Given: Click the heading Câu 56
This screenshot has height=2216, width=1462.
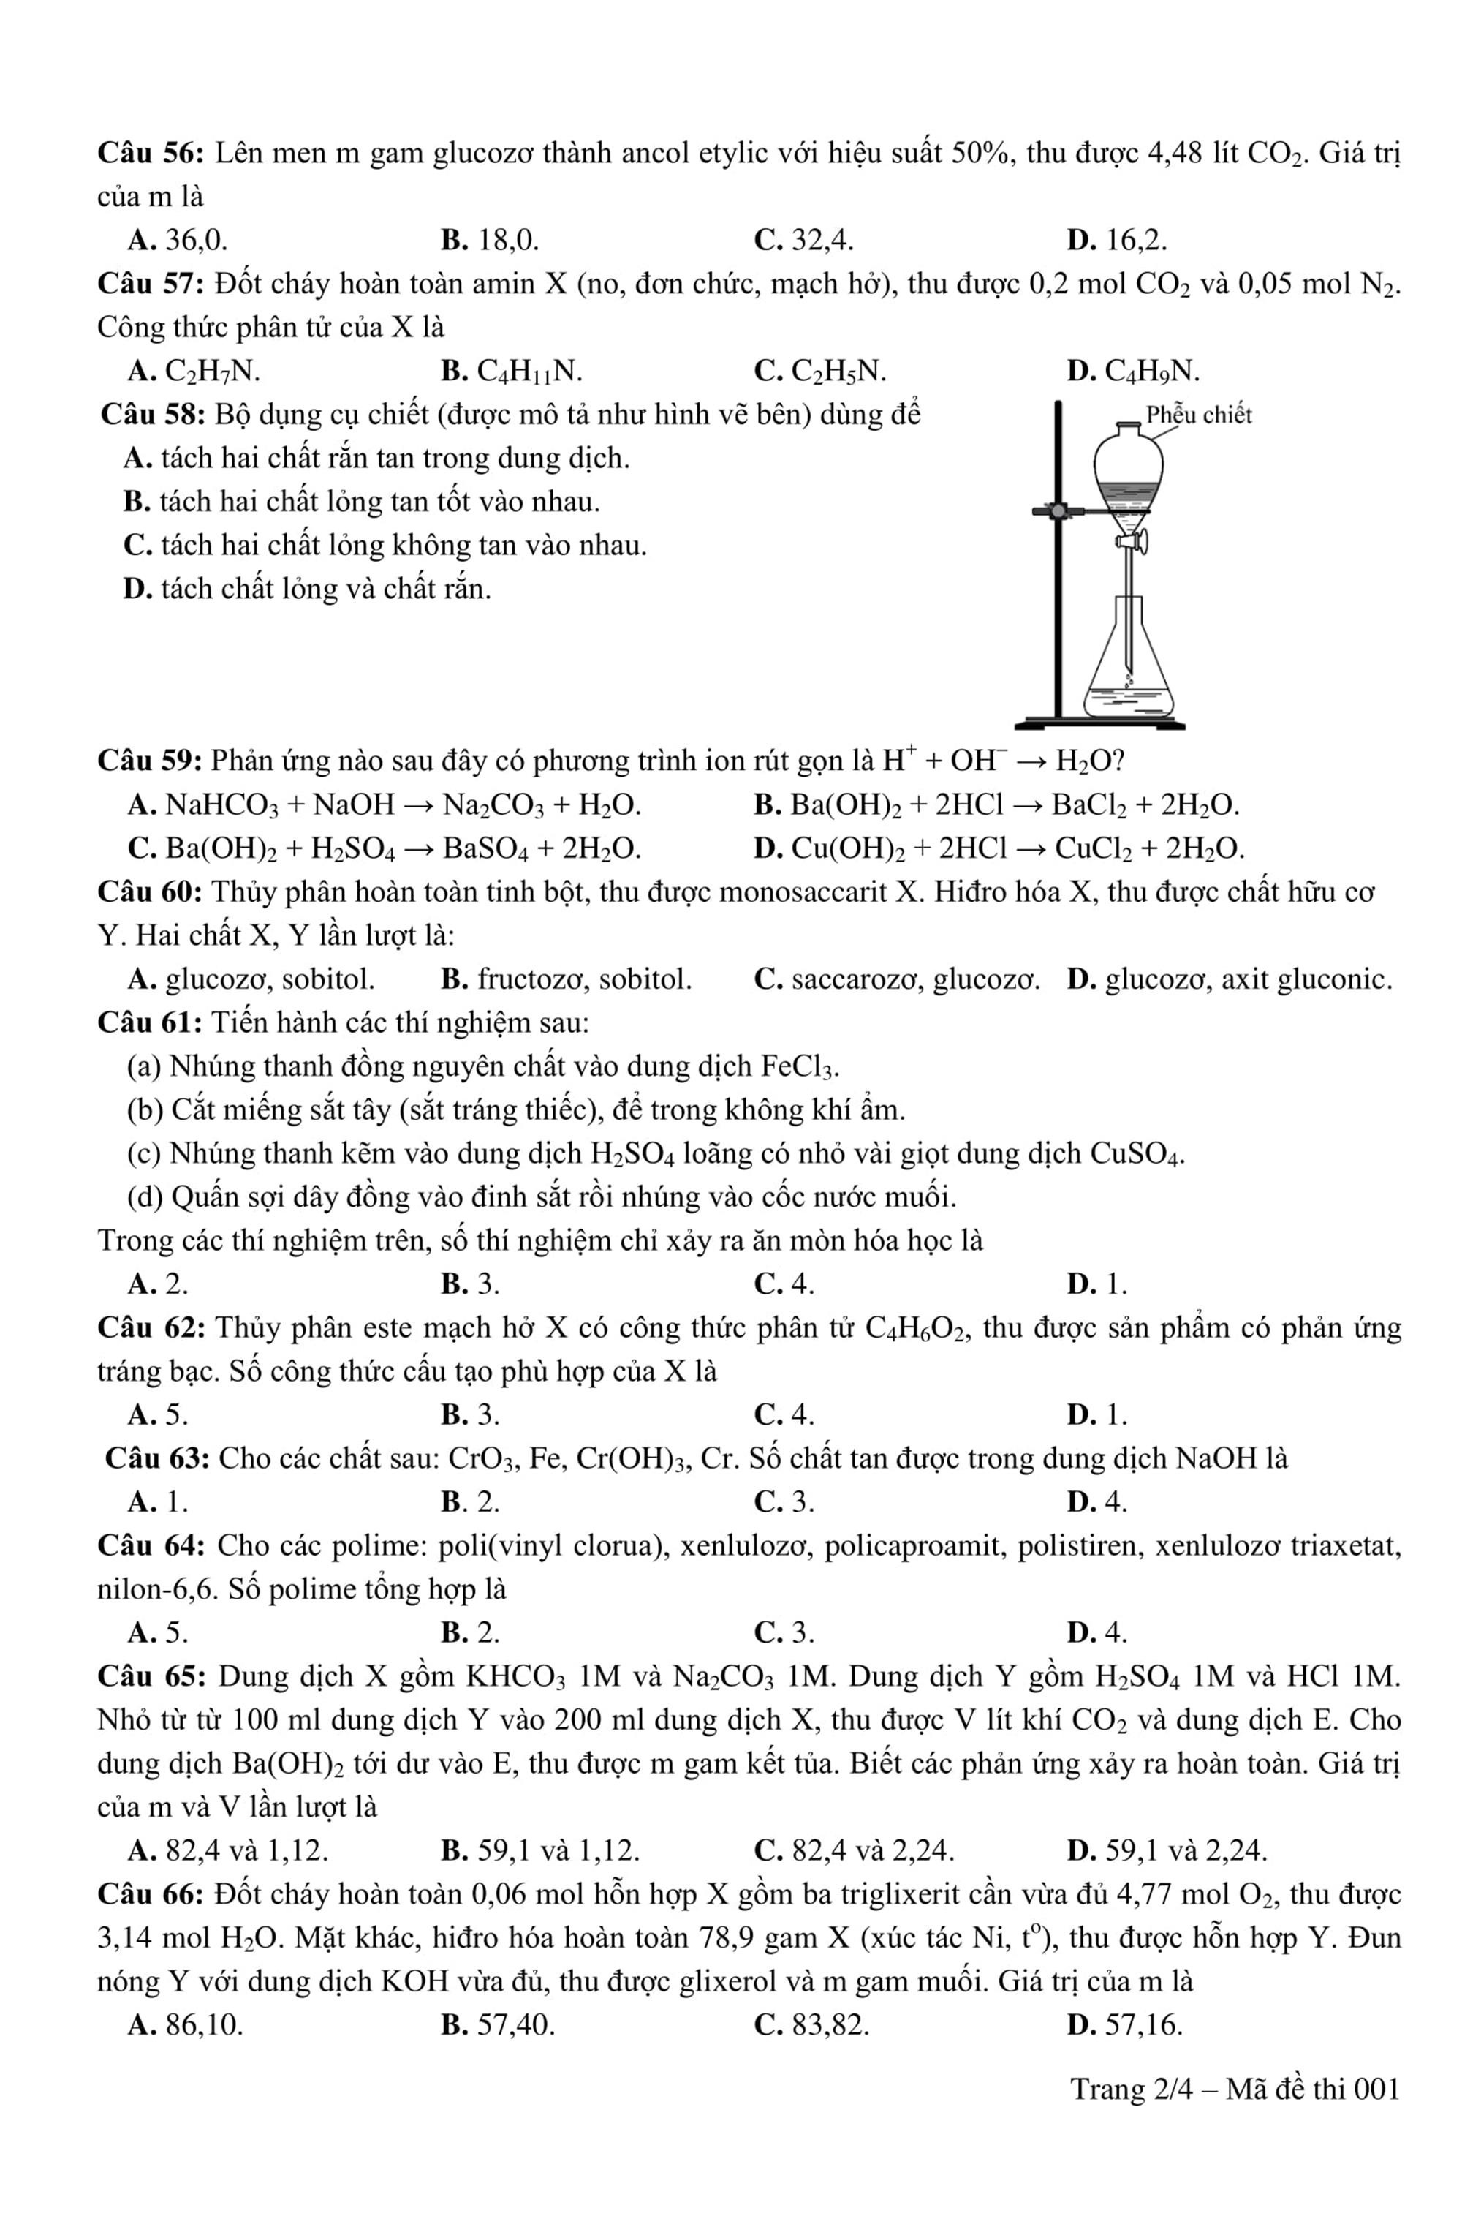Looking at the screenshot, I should [151, 153].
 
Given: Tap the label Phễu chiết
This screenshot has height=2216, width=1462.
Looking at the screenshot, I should [1198, 415].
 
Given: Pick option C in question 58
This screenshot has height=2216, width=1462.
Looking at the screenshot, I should [385, 546].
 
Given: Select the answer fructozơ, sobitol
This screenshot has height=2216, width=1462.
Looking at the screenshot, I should [566, 979].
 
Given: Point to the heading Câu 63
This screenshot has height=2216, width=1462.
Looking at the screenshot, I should [158, 1458].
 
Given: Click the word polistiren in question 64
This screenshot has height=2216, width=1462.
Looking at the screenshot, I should [1082, 1545].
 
